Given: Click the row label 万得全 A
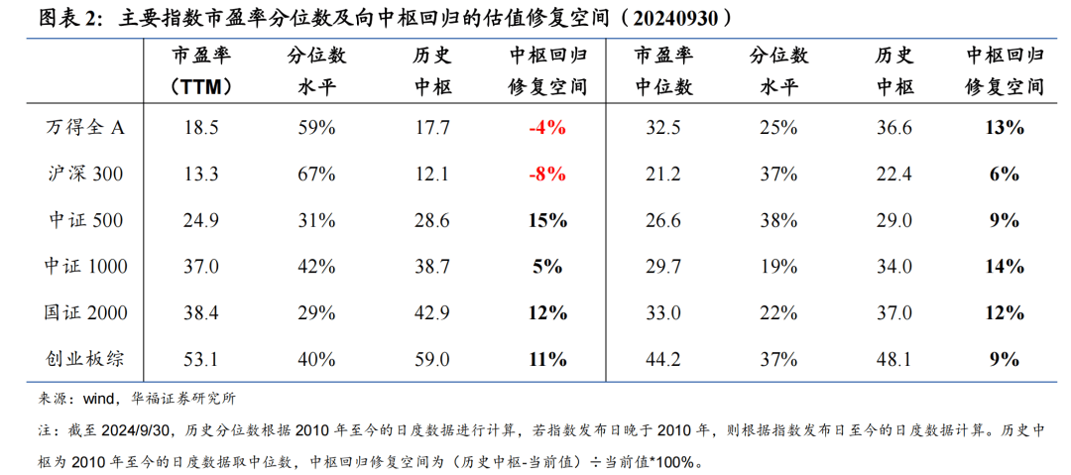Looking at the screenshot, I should pyautogui.click(x=86, y=128).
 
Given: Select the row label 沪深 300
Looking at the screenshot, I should pyautogui.click(x=86, y=175).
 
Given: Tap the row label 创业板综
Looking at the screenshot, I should pyautogui.click(x=86, y=358).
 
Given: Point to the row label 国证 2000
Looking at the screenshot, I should pyautogui.click(x=86, y=312).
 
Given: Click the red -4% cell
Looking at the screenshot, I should pyautogui.click(x=547, y=128).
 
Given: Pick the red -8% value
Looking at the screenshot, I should pyautogui.click(x=547, y=175).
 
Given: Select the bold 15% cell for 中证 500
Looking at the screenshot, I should pyautogui.click(x=547, y=220).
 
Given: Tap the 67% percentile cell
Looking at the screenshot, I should pyautogui.click(x=316, y=175).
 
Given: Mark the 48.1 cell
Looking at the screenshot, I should pyautogui.click(x=894, y=358).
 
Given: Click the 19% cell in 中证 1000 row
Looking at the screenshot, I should pyautogui.click(x=779, y=266).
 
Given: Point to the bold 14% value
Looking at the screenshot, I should pyautogui.click(x=1005, y=266).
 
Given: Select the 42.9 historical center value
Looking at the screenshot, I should pyautogui.click(x=432, y=312).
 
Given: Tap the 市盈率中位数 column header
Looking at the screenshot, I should pyautogui.click(x=662, y=71).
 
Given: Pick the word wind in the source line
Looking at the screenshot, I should pyautogui.click(x=99, y=399).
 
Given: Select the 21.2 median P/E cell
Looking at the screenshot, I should pyautogui.click(x=662, y=175).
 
